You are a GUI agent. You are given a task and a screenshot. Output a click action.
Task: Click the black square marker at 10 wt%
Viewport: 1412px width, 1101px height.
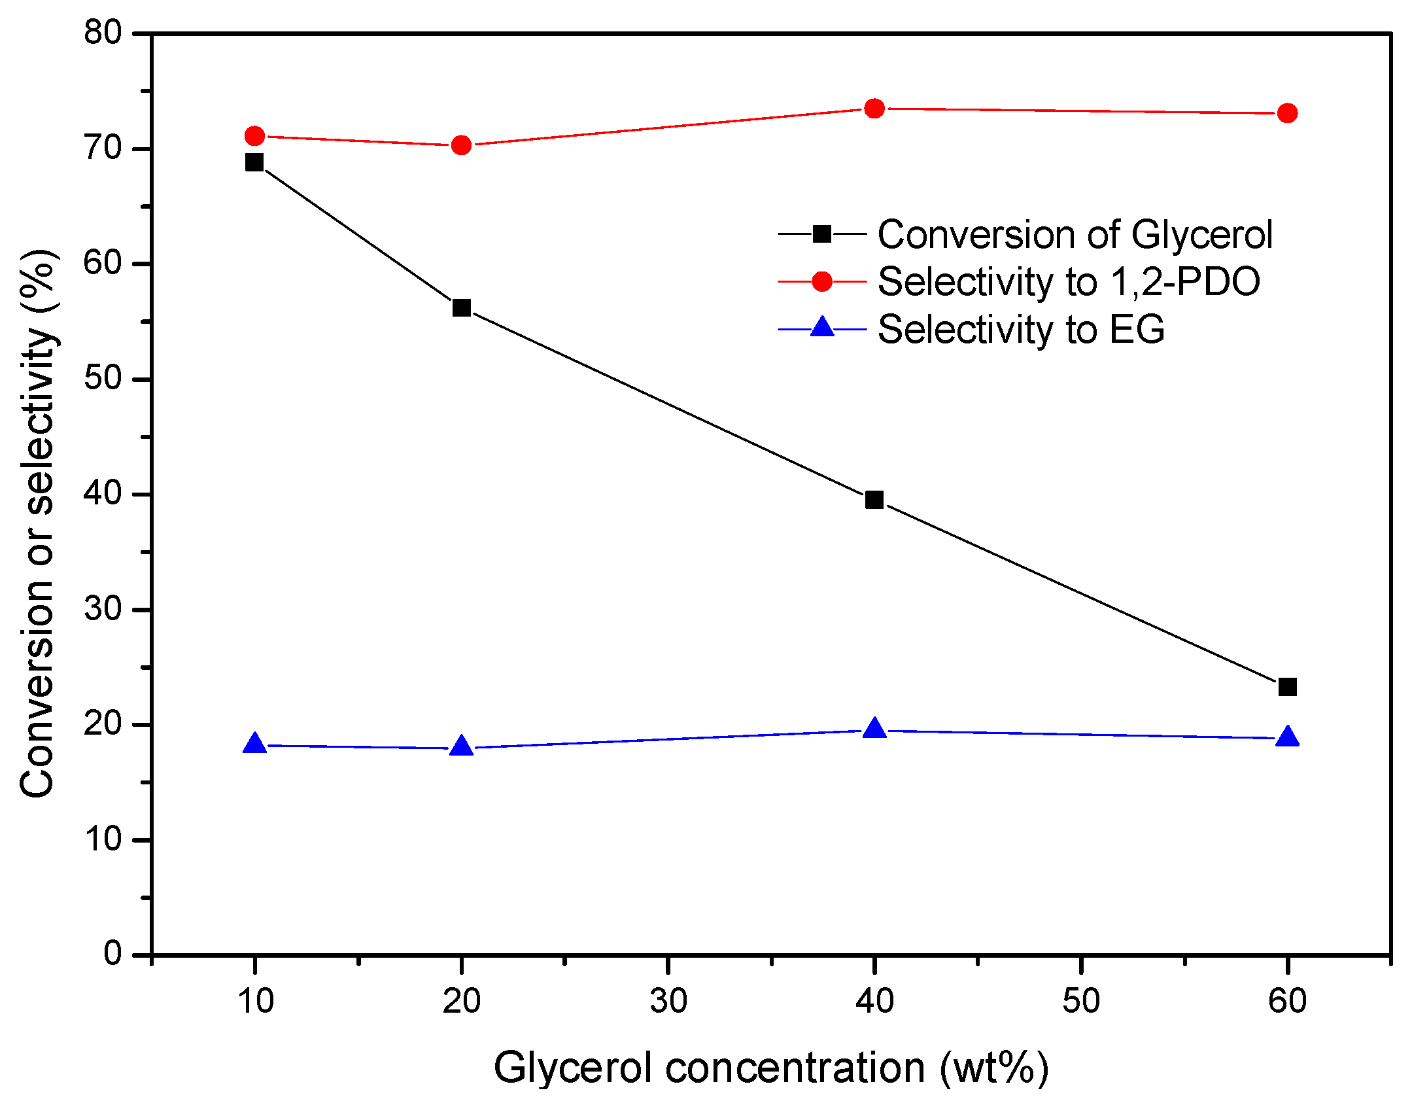[x=254, y=162]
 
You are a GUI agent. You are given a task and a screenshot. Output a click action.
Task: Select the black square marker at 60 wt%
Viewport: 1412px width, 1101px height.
[x=1287, y=687]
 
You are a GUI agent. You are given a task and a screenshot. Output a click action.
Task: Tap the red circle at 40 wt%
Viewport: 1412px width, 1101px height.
[x=874, y=109]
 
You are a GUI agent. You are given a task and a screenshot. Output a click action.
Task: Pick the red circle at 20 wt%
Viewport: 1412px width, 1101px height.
[x=461, y=145]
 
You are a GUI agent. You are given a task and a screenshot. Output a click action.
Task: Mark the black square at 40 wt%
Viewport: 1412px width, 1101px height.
[x=874, y=500]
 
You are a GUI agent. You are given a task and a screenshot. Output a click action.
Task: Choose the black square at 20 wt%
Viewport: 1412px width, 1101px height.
[x=461, y=307]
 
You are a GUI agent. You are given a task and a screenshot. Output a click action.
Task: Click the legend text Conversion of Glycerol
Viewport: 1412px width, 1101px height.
[x=1075, y=234]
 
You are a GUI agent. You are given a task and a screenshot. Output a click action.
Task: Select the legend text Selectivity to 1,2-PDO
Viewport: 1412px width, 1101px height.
[x=1068, y=282]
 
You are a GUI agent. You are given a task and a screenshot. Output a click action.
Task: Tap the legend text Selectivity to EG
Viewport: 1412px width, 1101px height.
[x=1020, y=329]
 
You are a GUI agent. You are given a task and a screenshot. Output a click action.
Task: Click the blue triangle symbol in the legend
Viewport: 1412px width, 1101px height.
[x=822, y=327]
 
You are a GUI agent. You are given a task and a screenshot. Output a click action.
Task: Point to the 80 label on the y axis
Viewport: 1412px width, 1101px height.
[x=103, y=33]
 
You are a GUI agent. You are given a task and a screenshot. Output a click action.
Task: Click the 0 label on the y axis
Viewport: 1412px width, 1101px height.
[x=112, y=954]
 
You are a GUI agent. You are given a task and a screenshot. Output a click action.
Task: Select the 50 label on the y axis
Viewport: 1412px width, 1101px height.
[x=103, y=379]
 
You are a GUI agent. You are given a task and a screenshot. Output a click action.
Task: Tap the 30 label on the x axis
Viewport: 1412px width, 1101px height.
[x=668, y=1002]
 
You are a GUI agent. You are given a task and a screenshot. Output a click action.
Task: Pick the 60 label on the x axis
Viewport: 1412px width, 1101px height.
[x=1287, y=1002]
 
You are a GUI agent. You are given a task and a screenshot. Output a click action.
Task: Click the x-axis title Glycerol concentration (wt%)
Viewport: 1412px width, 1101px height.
[x=770, y=1068]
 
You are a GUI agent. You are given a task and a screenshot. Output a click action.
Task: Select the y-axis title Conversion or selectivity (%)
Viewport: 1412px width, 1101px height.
[x=37, y=523]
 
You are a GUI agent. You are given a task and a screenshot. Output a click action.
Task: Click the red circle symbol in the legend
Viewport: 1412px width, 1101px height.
[x=822, y=281]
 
